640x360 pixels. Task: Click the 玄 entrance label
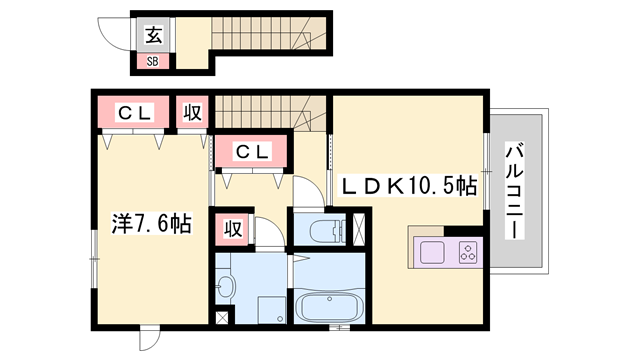tap(154, 35)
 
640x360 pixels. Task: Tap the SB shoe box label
tap(152, 62)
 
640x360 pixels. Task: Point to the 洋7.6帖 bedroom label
tap(151, 224)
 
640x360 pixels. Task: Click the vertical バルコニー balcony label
tap(514, 191)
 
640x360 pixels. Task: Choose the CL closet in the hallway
tap(252, 152)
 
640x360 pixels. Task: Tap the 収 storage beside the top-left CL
tap(192, 112)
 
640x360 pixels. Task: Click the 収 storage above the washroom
tap(233, 229)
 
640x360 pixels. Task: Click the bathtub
tap(329, 307)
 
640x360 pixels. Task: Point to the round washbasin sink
tap(226, 287)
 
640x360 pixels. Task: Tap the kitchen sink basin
tap(432, 253)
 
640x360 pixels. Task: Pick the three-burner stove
tap(468, 252)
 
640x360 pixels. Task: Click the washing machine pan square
tap(271, 310)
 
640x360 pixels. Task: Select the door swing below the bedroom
tap(149, 339)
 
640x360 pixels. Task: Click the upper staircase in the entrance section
tap(269, 33)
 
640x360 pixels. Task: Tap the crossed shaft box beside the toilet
tap(358, 229)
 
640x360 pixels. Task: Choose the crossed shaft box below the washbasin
tap(222, 318)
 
